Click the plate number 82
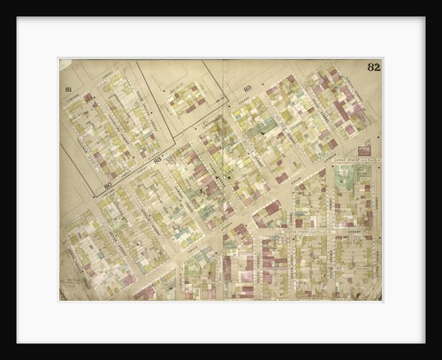point(374,67)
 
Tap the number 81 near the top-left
point(68,89)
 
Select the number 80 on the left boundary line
point(106,185)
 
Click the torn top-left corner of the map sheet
point(64,64)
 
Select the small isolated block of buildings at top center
point(187,99)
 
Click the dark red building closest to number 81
point(88,97)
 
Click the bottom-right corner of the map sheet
point(381,300)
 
